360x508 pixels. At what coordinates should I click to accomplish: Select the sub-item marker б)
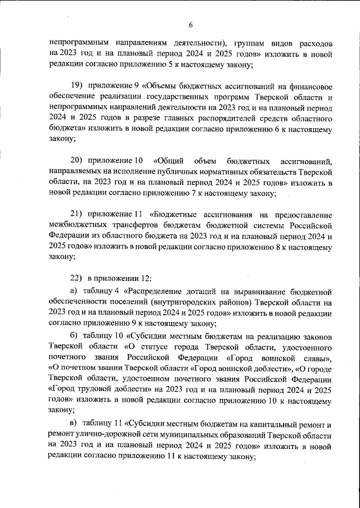pyautogui.click(x=73, y=335)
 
